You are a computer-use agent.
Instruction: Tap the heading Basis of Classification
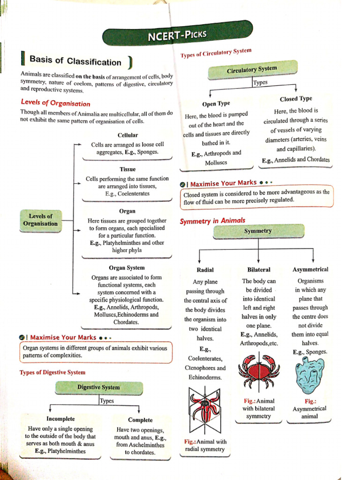(75, 61)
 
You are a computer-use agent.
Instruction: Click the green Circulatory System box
(252, 70)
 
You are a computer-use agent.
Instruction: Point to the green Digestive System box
(98, 387)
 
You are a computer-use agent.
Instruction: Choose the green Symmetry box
(258, 231)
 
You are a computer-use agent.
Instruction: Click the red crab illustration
(259, 370)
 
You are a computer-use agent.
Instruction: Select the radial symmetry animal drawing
(205, 411)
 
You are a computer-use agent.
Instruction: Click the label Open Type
(216, 104)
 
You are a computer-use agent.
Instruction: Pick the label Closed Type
(296, 99)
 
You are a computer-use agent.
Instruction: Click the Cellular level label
(127, 135)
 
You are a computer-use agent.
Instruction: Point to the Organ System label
(127, 268)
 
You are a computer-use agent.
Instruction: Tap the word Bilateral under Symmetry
(259, 270)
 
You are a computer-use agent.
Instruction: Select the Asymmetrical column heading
(310, 270)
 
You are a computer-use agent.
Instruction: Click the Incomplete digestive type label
(60, 419)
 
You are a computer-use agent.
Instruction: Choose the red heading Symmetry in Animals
(212, 220)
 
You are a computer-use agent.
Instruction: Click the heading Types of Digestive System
(52, 372)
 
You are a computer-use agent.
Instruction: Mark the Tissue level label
(127, 169)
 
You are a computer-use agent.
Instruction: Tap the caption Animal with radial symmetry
(205, 445)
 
